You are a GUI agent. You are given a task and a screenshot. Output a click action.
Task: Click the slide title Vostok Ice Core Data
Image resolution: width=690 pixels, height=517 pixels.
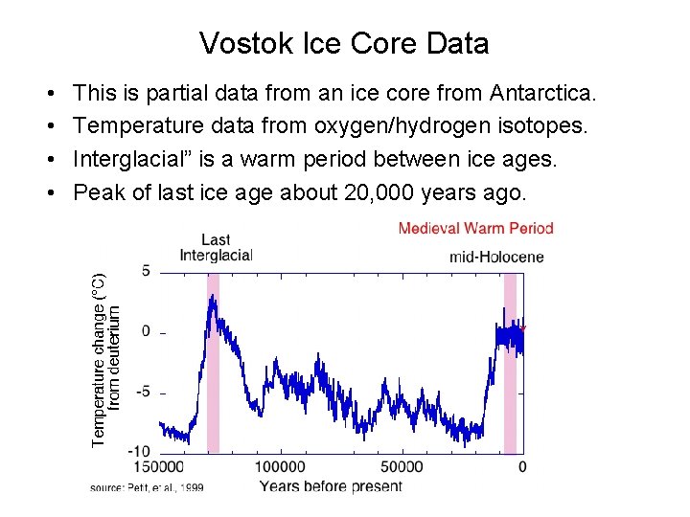[344, 43]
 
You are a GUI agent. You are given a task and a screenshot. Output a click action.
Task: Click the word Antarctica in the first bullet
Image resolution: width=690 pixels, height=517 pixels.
[542, 94]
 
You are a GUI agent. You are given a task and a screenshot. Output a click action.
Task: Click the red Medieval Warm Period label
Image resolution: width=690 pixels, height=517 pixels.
[475, 228]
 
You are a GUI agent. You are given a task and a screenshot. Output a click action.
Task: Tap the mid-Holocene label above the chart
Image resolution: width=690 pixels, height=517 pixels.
[495, 257]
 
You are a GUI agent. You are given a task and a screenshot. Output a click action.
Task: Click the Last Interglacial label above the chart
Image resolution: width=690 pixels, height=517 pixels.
[216, 247]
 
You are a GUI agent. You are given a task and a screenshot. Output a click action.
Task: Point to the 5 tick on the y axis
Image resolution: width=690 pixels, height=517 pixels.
[146, 271]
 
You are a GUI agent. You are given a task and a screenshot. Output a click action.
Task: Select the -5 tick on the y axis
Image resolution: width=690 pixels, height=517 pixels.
[143, 392]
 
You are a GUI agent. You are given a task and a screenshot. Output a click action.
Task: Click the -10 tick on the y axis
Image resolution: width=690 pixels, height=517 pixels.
[139, 451]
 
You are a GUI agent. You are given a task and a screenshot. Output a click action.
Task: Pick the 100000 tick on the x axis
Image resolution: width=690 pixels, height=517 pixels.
[280, 467]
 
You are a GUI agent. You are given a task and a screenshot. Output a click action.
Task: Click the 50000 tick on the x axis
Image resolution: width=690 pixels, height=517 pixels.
[401, 467]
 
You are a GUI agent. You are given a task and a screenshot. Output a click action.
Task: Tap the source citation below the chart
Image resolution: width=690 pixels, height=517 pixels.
[147, 487]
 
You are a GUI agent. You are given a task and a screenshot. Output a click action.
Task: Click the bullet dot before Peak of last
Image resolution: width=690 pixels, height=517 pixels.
[48, 193]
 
